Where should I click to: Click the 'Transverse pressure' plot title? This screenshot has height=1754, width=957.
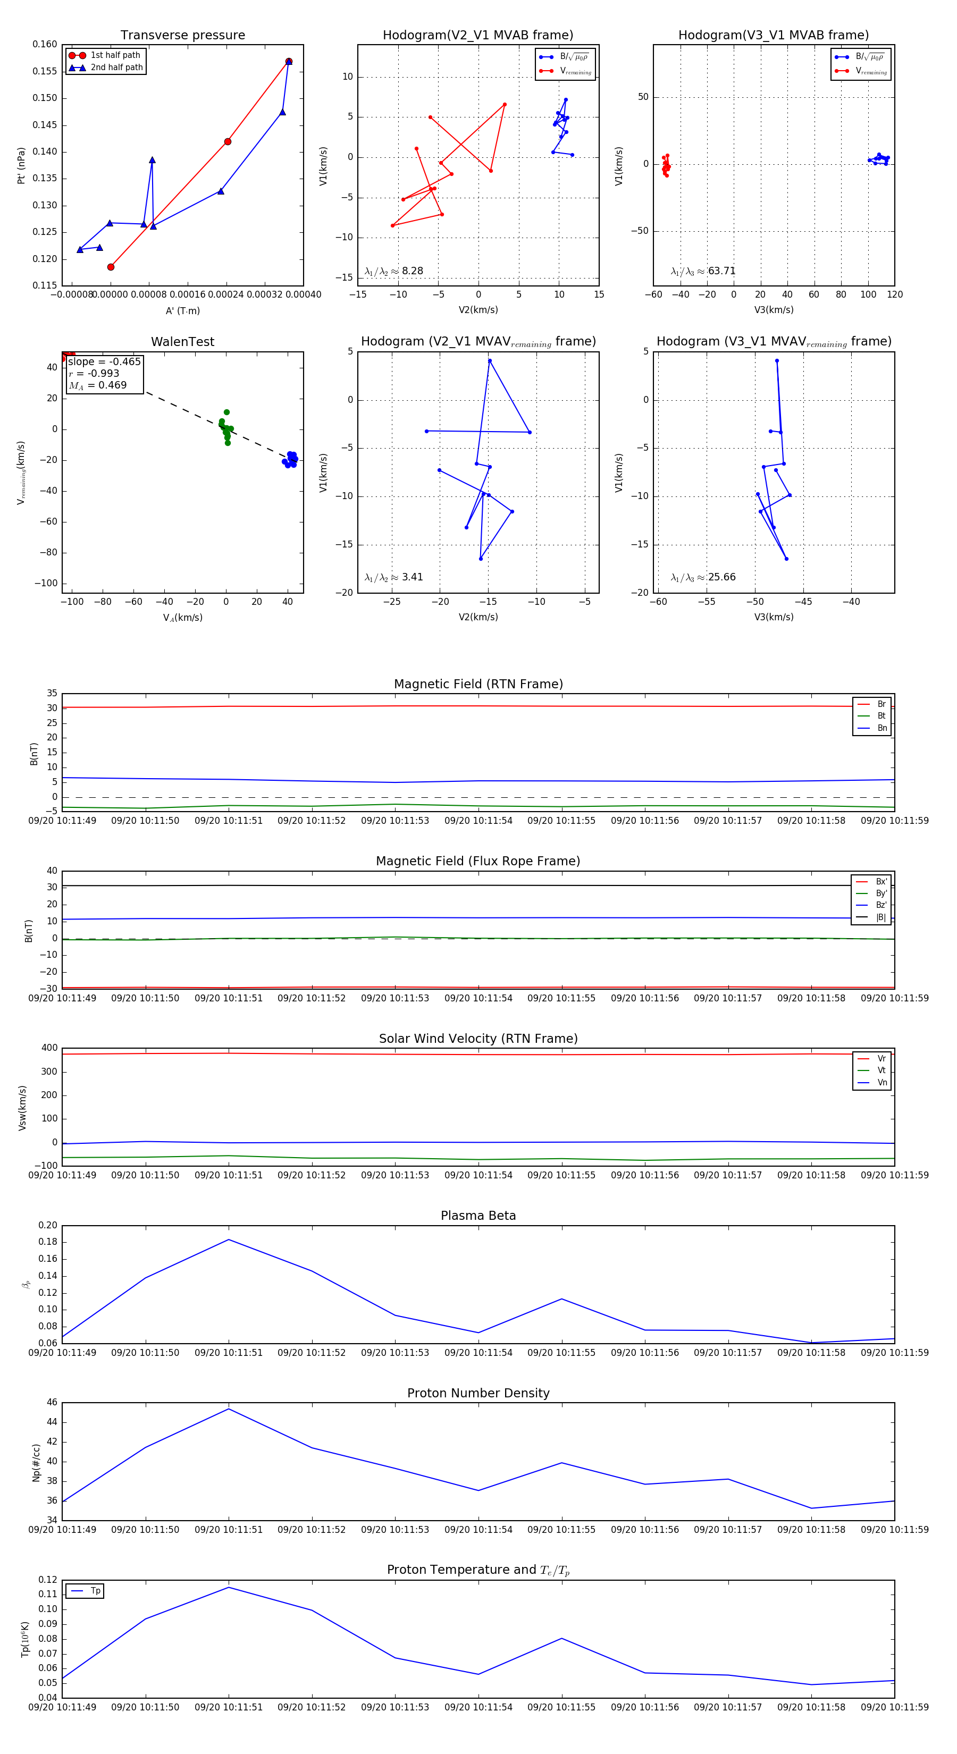pyautogui.click(x=182, y=36)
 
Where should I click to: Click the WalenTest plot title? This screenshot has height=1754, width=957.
pyautogui.click(x=182, y=342)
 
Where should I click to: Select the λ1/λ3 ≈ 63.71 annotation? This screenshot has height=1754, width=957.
pyautogui.click(x=703, y=271)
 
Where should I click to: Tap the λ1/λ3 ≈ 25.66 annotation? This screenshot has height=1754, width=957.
pyautogui.click(x=703, y=577)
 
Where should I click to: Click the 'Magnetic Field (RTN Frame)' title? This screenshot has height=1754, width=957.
pyautogui.click(x=478, y=684)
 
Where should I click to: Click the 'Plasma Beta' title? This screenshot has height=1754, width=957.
pyautogui.click(x=478, y=1216)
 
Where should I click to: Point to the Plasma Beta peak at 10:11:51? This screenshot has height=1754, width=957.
pyautogui.click(x=229, y=1240)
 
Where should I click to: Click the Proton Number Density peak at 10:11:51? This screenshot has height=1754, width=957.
pyautogui.click(x=229, y=1409)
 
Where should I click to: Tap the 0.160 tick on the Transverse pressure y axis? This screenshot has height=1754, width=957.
pyautogui.click(x=45, y=45)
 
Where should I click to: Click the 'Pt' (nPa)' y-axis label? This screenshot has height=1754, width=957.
pyautogui.click(x=21, y=165)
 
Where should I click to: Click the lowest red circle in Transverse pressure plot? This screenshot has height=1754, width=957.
pyautogui.click(x=111, y=267)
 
